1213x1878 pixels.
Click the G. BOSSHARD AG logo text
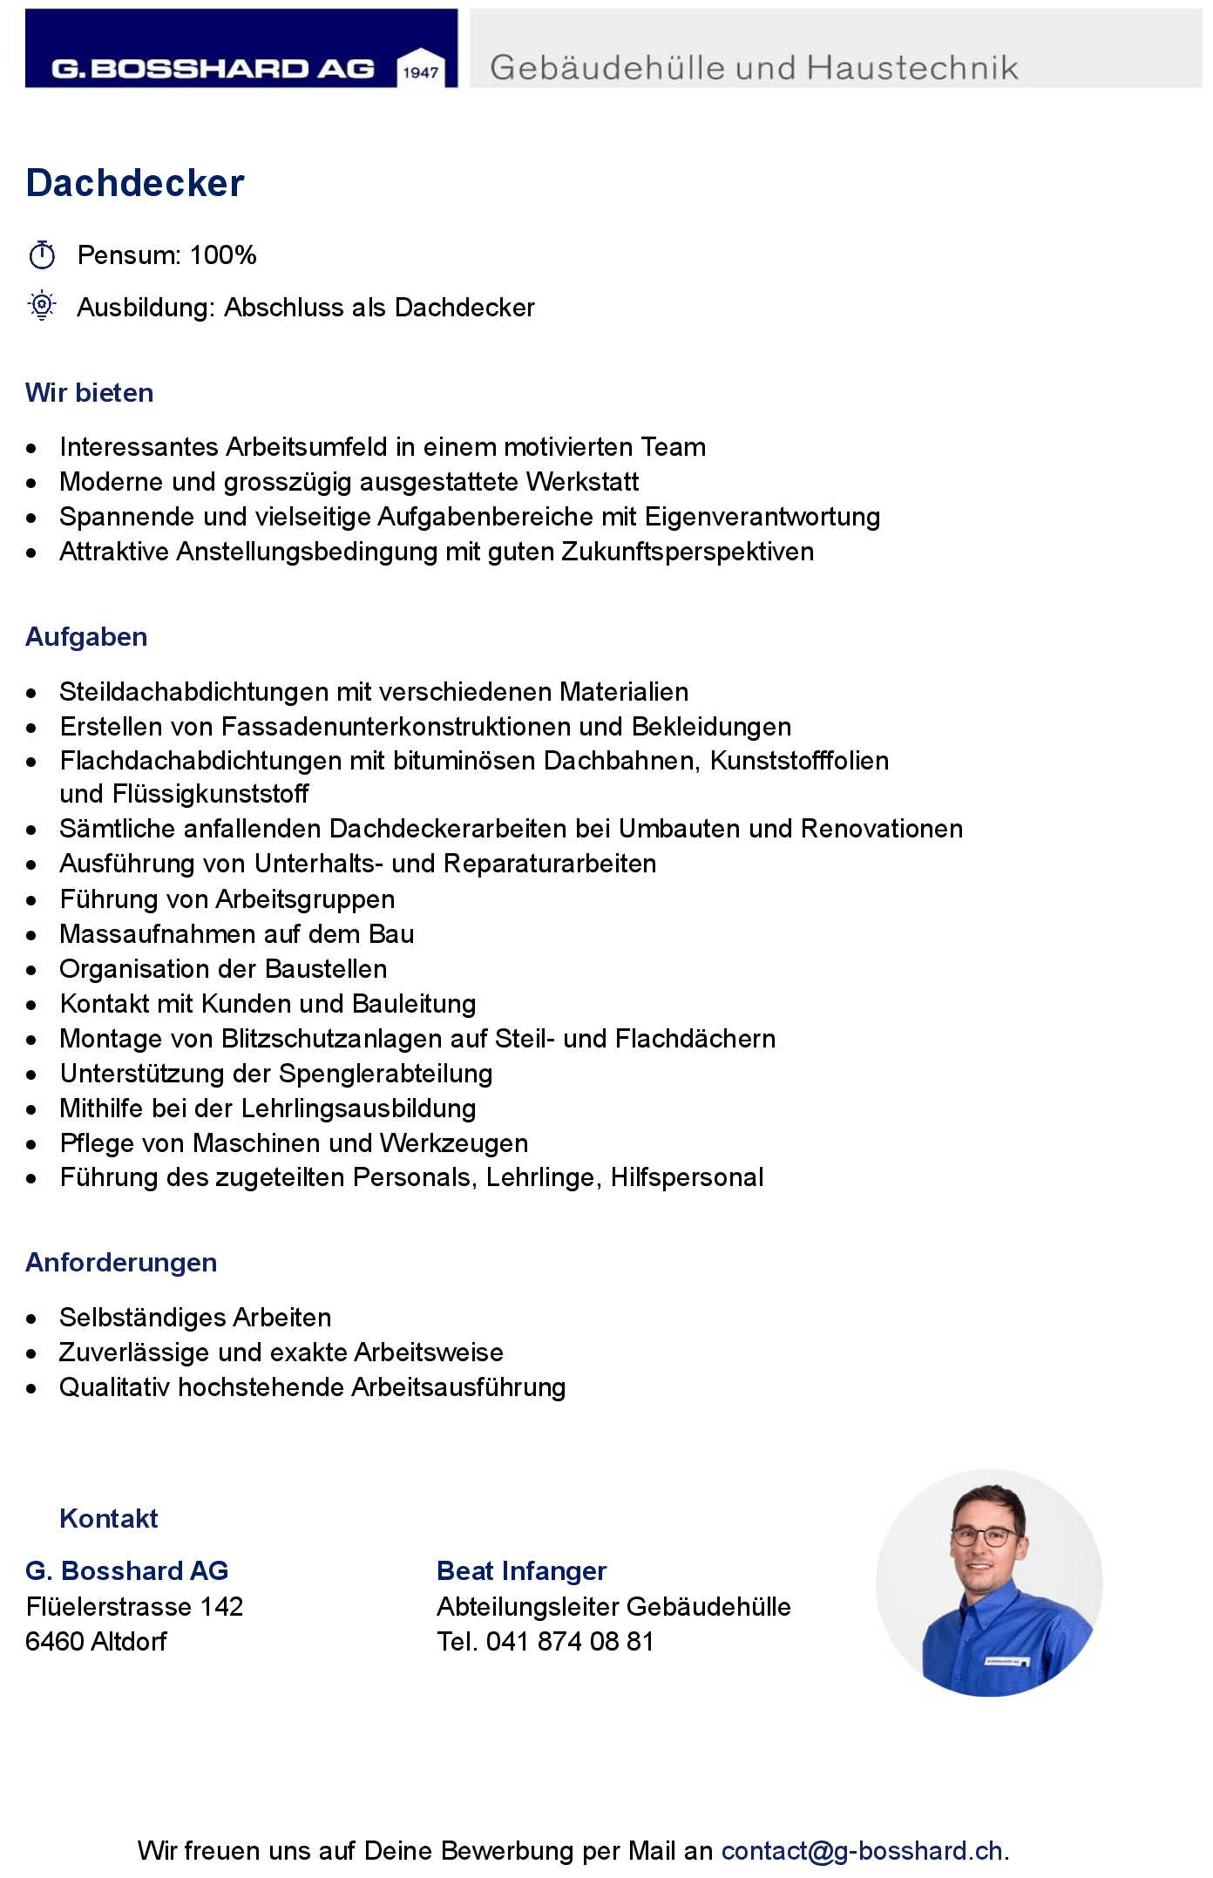(213, 69)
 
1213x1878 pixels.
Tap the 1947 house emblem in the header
(420, 68)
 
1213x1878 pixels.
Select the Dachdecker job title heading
(135, 184)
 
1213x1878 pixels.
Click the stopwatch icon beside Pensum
(42, 255)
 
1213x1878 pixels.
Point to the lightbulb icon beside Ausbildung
(42, 306)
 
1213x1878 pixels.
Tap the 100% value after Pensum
(223, 255)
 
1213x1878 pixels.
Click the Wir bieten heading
(89, 393)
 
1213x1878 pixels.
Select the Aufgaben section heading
(86, 637)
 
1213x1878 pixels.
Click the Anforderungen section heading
(121, 1263)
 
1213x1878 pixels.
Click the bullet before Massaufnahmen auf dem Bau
(32, 936)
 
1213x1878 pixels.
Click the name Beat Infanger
(521, 1571)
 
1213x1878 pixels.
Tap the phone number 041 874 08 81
(569, 1642)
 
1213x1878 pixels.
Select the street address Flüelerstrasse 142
(134, 1607)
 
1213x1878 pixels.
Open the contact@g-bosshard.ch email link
(862, 1851)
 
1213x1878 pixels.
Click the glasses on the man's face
(985, 1536)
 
